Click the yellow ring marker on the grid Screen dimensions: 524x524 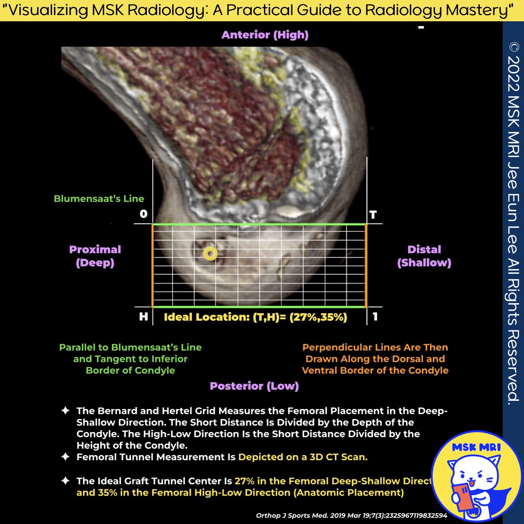point(210,254)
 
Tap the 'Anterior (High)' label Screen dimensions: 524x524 point(265,35)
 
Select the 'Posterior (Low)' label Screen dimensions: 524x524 point(254,386)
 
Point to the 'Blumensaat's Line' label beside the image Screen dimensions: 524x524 point(99,198)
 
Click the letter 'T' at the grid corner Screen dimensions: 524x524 point(373,215)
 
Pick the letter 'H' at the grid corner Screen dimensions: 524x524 point(143,316)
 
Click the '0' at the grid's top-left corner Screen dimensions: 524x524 point(143,214)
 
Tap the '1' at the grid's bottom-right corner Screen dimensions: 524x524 point(375,316)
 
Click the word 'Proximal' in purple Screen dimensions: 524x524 point(95,250)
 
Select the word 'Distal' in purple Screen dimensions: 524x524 point(424,250)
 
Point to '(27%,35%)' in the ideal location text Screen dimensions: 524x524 point(318,317)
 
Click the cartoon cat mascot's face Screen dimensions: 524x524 point(474,475)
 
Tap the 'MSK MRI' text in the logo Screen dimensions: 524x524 point(476,447)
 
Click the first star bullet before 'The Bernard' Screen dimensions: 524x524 point(65,411)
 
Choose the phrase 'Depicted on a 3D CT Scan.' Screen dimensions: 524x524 point(303,457)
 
